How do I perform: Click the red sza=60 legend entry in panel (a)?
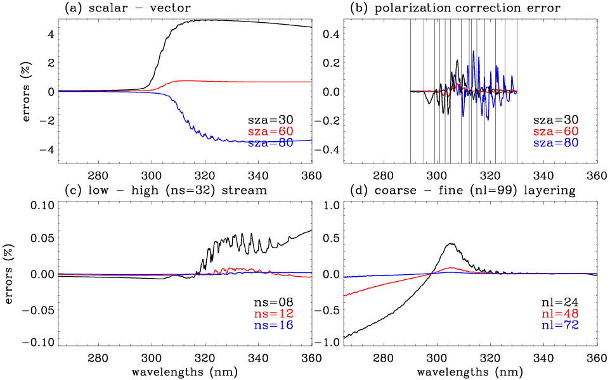pyautogui.click(x=271, y=131)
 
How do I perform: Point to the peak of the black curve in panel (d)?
pyautogui.click(x=451, y=243)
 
